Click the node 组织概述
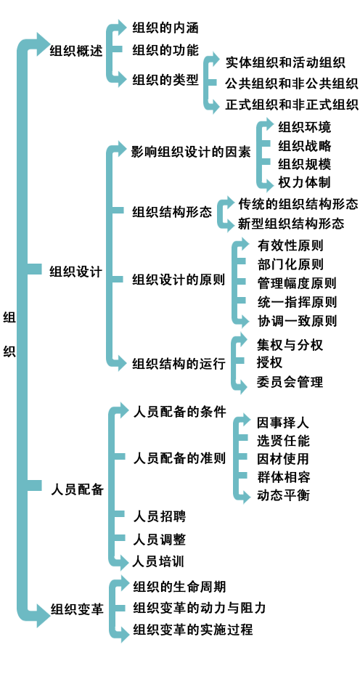point(76,51)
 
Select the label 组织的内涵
point(165,28)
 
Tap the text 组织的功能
point(165,50)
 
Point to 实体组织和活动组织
point(285,62)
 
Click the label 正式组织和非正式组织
point(292,105)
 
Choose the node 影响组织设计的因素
point(191,152)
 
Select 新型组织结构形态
point(291,223)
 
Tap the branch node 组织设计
point(76,272)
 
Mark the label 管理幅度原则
point(297,283)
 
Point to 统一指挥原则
point(297,302)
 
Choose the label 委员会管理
point(290,382)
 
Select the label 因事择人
point(283,422)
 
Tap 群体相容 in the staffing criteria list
point(283,477)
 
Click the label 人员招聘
point(160,516)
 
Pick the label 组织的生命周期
point(179,587)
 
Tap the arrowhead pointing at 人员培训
point(125,562)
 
